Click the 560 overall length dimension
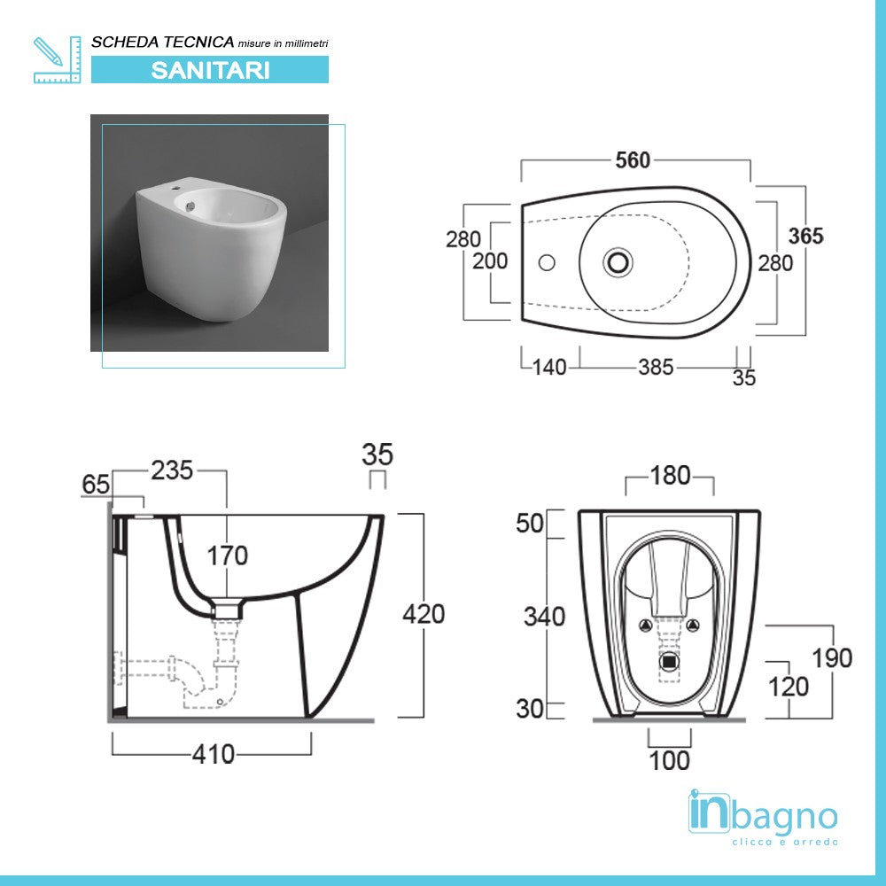coord(633,160)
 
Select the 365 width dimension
coord(806,236)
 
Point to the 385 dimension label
coord(656,367)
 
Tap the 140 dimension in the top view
coord(549,367)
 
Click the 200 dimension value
coord(490,260)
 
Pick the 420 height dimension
coord(424,613)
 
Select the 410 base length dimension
coord(214,754)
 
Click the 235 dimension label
coord(172,470)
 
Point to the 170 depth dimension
coord(228,556)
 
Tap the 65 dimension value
coord(96,485)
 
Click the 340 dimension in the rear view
coord(544,617)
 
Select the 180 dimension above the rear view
coord(670,476)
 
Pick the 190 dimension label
coord(832,657)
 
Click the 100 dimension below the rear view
coord(669,760)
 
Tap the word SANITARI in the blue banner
coord(210,70)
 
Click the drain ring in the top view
coord(618,262)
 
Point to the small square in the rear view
coord(670,661)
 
